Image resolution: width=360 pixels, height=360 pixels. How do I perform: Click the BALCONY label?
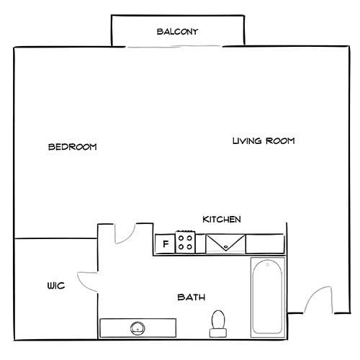177,32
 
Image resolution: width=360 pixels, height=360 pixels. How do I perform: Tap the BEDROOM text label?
72,147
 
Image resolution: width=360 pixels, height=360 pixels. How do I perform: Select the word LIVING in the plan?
247,141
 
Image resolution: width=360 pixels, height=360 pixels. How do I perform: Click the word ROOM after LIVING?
281,141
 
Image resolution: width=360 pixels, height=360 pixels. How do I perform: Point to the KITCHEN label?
221,219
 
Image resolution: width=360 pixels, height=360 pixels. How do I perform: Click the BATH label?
192,297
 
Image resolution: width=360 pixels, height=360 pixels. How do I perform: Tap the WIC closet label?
56,286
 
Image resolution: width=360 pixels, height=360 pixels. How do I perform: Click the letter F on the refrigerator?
165,244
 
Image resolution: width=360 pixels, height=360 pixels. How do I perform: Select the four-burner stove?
186,242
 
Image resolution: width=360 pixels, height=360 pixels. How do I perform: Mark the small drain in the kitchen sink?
226,247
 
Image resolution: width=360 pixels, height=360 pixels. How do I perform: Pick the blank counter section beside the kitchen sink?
266,243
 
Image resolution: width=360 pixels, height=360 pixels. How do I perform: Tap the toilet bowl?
217,319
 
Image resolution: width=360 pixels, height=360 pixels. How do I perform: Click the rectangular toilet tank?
217,333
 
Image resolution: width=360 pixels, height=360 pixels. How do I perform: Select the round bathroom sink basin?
138,328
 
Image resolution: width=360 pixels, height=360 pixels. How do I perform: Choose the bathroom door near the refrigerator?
123,234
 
